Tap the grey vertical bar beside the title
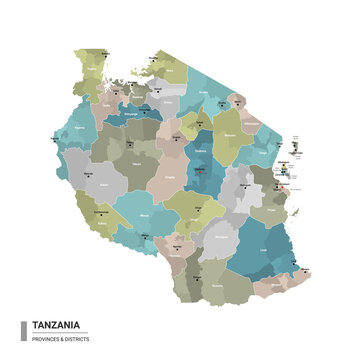(x=23, y=330)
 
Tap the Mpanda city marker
(x=98, y=183)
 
